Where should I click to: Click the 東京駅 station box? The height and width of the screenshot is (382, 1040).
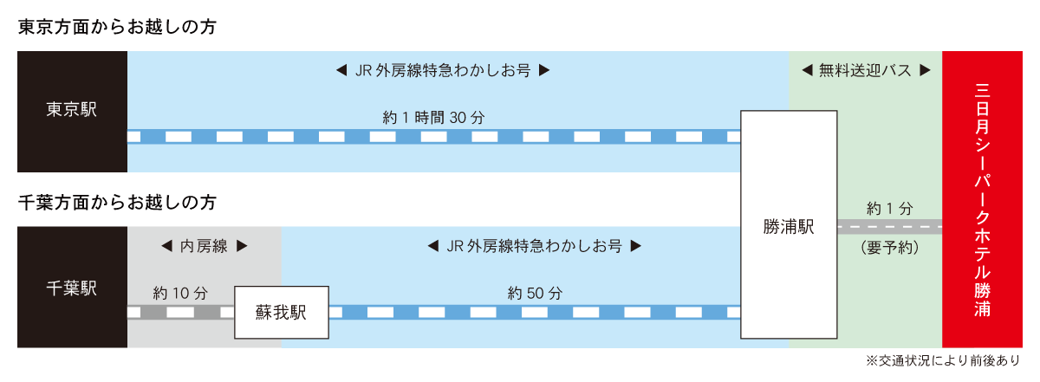coord(72,111)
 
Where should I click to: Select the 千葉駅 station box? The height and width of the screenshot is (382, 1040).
coord(72,288)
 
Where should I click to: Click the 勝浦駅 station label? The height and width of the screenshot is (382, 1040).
coord(789,227)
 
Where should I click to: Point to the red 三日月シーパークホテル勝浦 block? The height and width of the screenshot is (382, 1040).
coord(982,199)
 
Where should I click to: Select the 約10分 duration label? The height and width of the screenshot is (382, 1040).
coord(180,293)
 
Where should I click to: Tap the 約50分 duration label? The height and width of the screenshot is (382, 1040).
coord(535,293)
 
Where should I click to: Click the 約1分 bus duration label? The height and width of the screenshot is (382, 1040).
coord(890,208)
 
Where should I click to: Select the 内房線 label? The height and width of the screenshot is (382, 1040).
coord(205,246)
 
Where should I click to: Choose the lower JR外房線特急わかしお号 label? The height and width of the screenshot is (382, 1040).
coord(535,246)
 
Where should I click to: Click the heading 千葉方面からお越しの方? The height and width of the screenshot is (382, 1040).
coord(116,204)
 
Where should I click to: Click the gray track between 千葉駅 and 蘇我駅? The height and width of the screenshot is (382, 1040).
coord(180,312)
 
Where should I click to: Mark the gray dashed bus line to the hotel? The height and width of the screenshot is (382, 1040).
coord(890,227)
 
